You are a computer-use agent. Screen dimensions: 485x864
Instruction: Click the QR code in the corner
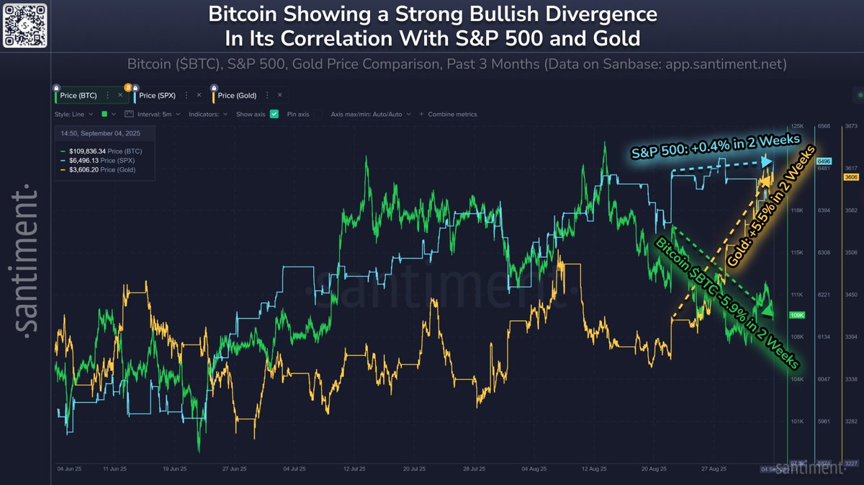(x=25, y=25)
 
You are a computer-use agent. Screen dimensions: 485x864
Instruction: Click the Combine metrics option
(x=452, y=114)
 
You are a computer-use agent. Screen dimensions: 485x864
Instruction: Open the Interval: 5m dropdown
(x=156, y=114)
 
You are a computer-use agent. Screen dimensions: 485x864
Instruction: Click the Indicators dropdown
(x=207, y=114)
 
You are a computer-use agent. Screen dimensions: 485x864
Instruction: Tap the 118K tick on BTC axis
(x=796, y=210)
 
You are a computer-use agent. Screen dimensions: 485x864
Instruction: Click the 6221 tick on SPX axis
(x=824, y=295)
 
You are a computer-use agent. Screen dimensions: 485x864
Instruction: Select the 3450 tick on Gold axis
(x=850, y=295)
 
